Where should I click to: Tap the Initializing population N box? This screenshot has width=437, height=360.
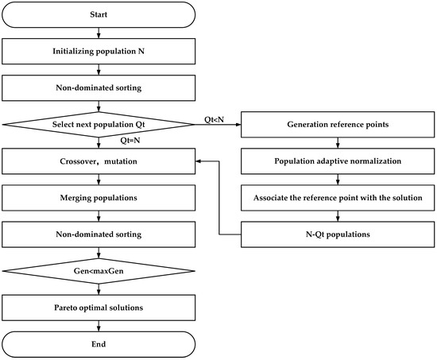coord(98,52)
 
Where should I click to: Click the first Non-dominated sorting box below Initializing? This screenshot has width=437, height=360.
coord(98,88)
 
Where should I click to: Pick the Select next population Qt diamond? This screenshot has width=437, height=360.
coord(98,124)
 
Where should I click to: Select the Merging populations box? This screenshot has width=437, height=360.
coord(98,197)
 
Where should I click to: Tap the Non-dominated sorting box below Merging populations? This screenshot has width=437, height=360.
coord(98,234)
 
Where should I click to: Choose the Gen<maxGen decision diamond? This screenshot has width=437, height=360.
coord(98,270)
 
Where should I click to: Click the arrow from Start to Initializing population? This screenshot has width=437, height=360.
coord(98,33)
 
